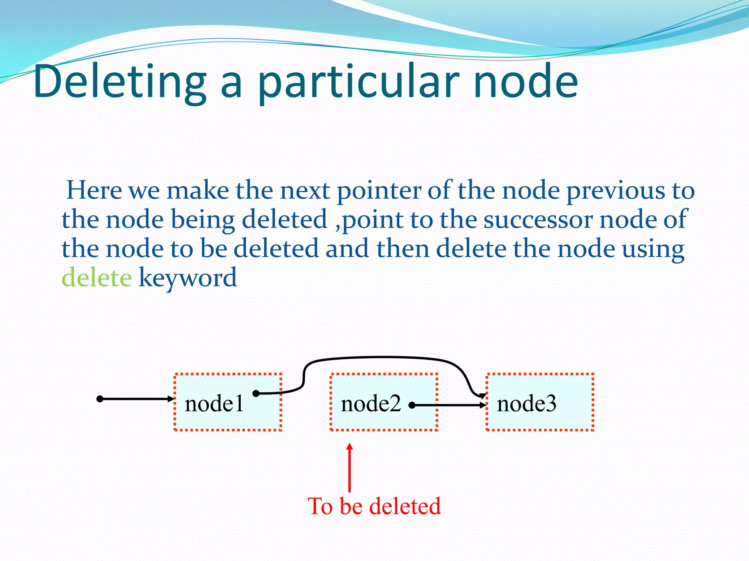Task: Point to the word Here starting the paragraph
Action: pos(94,190)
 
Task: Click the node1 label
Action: pos(214,404)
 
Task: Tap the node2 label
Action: pos(370,404)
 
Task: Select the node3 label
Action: pos(526,404)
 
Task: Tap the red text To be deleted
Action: pos(374,506)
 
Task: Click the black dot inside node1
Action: pos(256,393)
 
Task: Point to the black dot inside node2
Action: pos(412,405)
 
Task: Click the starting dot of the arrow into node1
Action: pos(99,399)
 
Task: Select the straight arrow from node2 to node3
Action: pos(450,405)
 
